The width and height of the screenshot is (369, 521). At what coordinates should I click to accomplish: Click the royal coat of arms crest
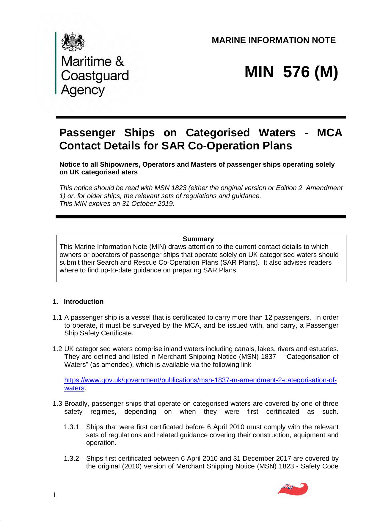pos(73,42)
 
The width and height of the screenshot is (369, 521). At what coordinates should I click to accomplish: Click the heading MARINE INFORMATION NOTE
pos(274,40)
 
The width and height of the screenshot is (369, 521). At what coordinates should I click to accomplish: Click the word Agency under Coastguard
pos(83,90)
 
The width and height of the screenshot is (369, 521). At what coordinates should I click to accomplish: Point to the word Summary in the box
pos(198,239)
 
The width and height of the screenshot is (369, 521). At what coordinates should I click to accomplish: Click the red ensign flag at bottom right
pos(293,489)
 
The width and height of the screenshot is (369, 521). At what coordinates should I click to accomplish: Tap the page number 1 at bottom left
pos(54,495)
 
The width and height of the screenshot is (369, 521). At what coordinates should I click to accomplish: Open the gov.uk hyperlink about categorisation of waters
pos(200,381)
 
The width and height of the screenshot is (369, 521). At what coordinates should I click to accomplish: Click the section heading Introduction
pos(84,302)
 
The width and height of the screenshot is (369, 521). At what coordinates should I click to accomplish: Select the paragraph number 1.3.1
pos(71,427)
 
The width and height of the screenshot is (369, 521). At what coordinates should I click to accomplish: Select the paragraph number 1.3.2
pos(71,458)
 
